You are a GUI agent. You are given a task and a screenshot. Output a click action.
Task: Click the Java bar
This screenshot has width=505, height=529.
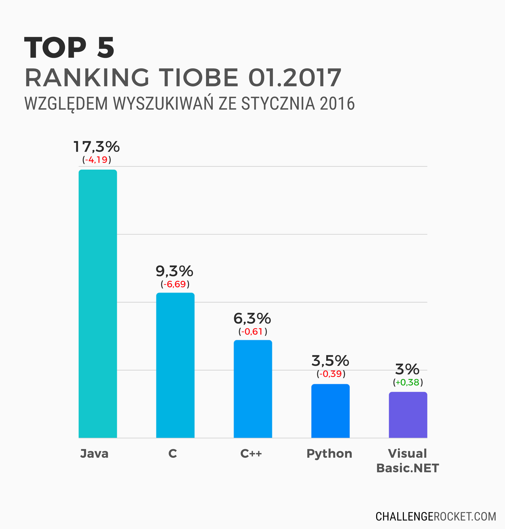98,303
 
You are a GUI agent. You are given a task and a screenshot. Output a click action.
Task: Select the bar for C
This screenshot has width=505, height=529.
175,365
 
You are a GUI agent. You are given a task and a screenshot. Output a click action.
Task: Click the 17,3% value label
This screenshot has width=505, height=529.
96,147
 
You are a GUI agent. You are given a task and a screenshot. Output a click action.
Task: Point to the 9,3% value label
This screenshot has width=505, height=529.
175,271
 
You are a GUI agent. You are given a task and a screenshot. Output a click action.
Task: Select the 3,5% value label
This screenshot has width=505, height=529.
330,361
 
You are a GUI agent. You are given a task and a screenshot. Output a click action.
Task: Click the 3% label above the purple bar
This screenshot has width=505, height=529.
407,369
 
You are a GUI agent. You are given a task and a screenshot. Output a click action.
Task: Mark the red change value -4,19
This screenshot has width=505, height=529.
96,160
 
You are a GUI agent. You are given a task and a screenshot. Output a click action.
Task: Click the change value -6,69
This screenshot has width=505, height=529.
175,284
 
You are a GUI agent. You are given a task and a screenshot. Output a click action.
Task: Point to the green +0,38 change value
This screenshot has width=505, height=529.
408,382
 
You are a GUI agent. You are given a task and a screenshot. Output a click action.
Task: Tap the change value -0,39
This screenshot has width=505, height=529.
330,374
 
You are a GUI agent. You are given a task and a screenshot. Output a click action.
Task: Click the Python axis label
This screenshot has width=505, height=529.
329,454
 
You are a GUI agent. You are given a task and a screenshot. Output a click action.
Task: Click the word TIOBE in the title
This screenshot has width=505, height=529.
199,78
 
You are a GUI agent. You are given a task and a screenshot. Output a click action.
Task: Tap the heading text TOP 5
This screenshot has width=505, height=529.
69,48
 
